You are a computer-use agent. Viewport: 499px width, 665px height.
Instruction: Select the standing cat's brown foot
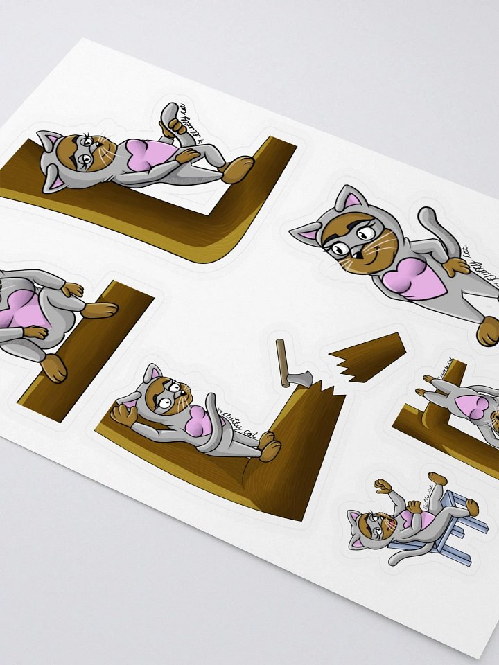click(488, 330)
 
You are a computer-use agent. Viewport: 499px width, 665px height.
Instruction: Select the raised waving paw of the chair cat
click(380, 485)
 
